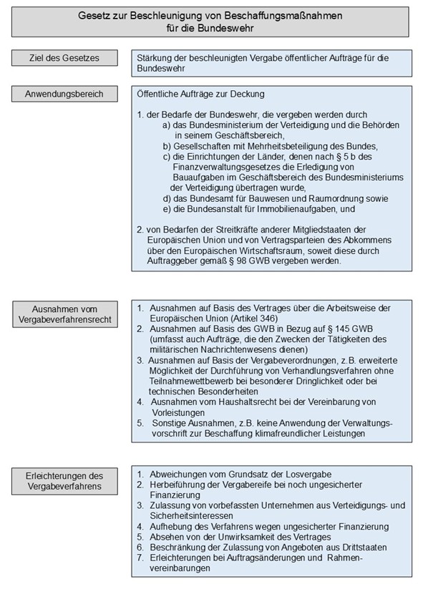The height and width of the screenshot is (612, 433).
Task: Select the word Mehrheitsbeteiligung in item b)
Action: pos(280,145)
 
